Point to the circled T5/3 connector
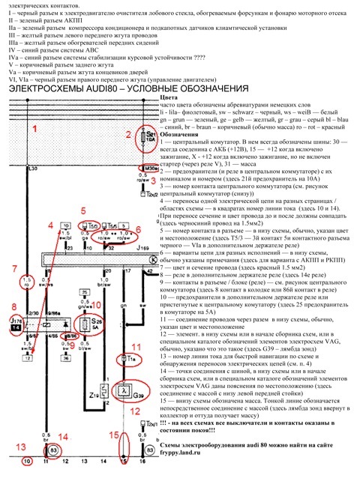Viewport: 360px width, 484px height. coord(94,225)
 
